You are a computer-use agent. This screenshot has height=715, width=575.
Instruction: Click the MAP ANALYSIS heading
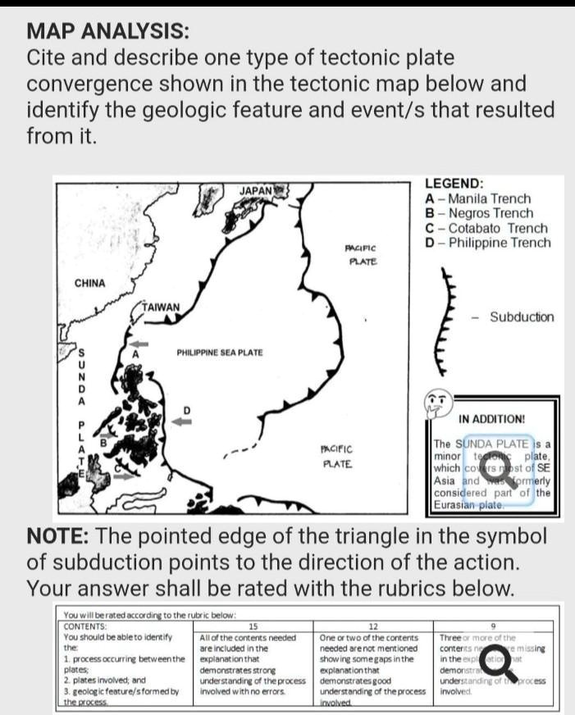(107, 32)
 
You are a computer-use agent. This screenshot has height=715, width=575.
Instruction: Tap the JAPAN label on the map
(255, 190)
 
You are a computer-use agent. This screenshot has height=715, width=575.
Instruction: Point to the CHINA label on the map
(90, 283)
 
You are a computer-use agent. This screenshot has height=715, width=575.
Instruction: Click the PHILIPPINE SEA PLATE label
(220, 353)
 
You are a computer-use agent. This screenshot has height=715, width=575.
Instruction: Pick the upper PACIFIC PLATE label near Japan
(360, 253)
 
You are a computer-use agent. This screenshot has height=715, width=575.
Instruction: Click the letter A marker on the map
(137, 352)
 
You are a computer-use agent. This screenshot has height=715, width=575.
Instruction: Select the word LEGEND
(454, 184)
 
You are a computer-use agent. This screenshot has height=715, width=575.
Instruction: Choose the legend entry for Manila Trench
(478, 198)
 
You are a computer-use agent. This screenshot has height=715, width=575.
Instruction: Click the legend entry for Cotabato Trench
(486, 228)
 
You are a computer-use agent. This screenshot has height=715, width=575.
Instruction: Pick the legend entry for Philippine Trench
(488, 243)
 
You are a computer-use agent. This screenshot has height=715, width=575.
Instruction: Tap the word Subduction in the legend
(522, 317)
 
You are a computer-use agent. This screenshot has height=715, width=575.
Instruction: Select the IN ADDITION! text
(492, 419)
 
